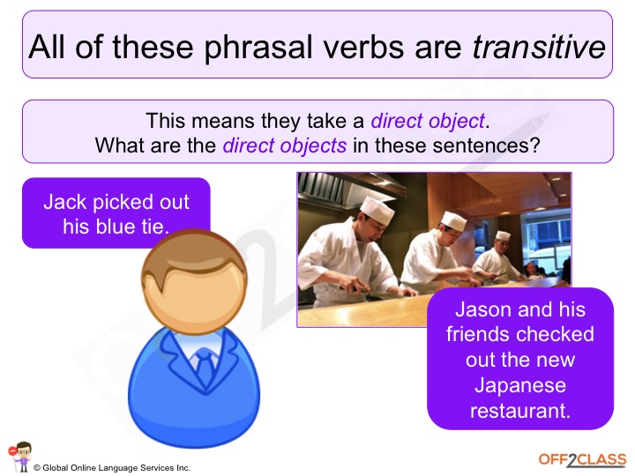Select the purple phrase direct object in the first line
point(428,121)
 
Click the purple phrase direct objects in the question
point(285,145)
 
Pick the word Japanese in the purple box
point(519,385)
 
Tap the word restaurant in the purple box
point(519,410)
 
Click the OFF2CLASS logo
point(582,459)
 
